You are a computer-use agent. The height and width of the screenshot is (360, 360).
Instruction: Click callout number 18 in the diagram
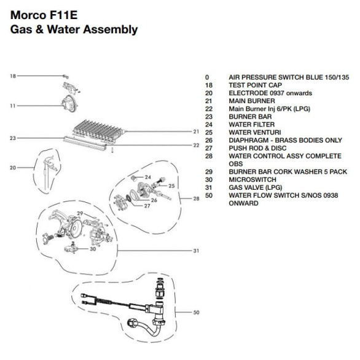(x=13, y=76)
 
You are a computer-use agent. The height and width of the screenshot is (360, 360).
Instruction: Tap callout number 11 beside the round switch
(x=13, y=106)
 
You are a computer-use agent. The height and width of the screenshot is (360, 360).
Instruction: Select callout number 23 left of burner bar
(x=13, y=138)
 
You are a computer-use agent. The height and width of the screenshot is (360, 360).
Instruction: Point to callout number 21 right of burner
(x=195, y=131)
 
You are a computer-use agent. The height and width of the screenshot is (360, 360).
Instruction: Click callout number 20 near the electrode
(x=13, y=167)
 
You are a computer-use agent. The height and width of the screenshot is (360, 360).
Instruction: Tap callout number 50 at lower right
(x=196, y=313)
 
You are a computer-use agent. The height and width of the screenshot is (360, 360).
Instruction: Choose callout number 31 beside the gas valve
(x=196, y=251)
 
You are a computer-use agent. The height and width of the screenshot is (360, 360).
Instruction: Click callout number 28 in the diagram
(x=195, y=198)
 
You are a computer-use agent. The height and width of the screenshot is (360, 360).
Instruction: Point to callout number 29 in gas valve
(x=79, y=213)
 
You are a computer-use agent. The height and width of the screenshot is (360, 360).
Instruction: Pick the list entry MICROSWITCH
(x=251, y=181)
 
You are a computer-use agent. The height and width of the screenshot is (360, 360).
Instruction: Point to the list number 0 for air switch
(x=208, y=77)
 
